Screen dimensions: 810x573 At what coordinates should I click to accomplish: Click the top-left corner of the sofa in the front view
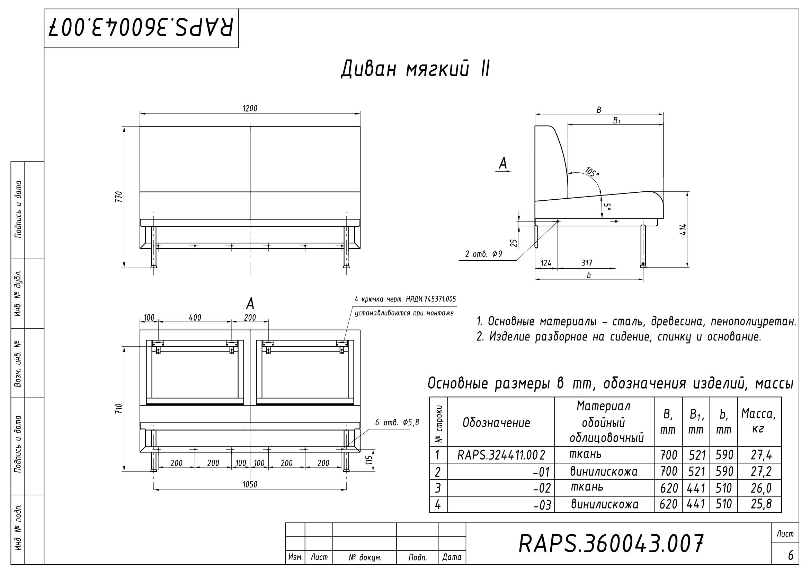140,127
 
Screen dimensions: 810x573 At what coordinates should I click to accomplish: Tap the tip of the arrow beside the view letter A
511,171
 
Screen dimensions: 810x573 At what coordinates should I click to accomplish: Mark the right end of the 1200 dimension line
360,114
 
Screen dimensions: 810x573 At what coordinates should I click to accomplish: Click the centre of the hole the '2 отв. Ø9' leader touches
558,222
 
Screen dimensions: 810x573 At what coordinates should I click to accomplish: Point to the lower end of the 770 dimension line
124,268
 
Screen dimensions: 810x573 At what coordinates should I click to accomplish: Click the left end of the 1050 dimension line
154,490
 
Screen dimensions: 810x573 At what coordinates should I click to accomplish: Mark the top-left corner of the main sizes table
429,397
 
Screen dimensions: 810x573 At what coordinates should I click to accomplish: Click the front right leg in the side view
643,246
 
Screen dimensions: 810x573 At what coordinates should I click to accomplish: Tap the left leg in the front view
154,247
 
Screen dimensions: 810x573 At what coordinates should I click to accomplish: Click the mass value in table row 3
761,488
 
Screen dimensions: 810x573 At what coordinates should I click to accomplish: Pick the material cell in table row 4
605,504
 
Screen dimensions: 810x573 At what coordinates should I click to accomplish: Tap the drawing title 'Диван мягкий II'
415,69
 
